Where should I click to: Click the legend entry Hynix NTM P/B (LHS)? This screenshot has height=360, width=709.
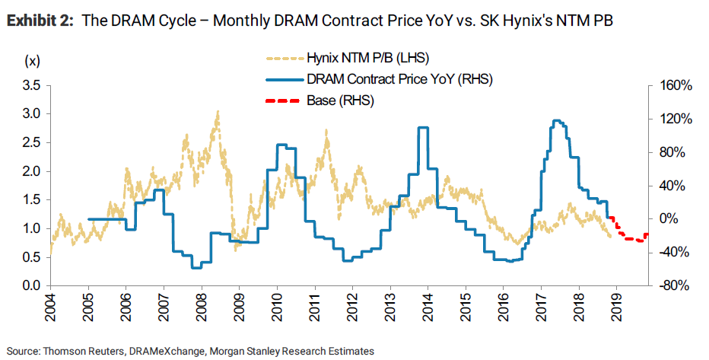tap(364, 57)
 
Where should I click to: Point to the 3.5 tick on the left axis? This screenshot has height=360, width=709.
tap(32, 85)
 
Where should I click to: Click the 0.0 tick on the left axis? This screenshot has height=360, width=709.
tap(32, 286)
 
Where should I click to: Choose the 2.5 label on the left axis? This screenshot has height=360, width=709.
tap(32, 143)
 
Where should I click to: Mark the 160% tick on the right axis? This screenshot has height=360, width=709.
tap(676, 85)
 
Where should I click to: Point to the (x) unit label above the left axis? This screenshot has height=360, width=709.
tap(33, 60)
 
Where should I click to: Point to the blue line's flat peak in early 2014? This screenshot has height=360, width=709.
tap(423, 128)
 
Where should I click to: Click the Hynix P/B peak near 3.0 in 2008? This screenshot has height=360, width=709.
tap(218, 112)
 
